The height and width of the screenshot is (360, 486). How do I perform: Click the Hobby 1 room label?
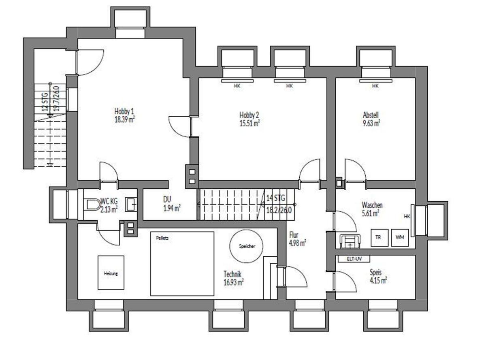point(124,111)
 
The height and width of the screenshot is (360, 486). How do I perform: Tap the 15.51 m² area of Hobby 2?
point(249,124)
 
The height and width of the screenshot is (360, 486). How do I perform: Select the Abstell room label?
point(371,115)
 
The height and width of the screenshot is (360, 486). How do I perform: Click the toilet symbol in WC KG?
point(93,204)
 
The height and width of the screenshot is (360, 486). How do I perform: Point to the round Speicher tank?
point(246,246)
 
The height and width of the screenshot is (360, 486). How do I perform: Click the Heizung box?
point(111,273)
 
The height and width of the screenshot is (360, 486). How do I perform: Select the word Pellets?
point(162,238)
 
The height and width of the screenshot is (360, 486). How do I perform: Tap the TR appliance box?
point(379,238)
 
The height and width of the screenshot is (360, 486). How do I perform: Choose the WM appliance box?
point(400,238)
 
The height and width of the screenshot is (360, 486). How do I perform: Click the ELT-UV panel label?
point(354,259)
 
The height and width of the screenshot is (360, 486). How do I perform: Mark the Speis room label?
point(375,273)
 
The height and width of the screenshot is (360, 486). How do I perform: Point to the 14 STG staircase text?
point(276,198)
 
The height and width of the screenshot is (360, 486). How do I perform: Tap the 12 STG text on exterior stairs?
point(45,102)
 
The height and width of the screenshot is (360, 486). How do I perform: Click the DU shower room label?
point(167,199)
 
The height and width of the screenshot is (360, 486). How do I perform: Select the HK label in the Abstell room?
point(375,86)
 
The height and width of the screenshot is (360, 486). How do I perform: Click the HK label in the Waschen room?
point(407,217)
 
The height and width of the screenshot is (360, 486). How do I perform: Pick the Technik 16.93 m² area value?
point(234,282)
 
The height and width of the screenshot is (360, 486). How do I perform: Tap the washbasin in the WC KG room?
point(131,204)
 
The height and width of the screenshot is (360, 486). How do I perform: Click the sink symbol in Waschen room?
point(350,242)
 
